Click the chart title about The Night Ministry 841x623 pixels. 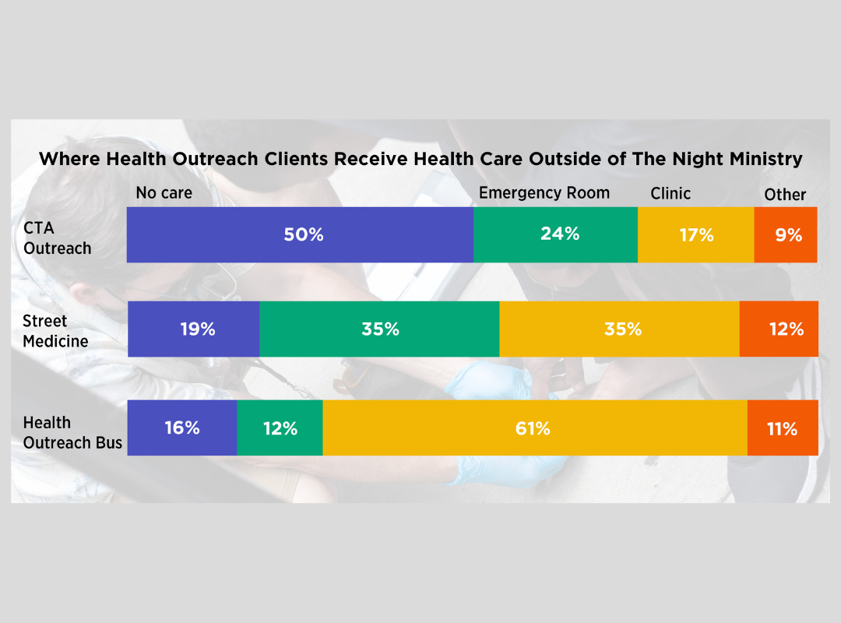420,160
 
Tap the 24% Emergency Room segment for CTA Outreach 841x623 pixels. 556,234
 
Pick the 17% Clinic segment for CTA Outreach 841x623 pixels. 696,234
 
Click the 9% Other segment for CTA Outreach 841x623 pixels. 786,234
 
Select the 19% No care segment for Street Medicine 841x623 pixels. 194,329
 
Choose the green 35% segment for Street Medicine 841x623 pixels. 379,329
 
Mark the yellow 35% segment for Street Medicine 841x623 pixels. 619,329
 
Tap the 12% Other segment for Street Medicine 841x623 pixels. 779,329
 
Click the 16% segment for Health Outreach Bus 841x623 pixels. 182,428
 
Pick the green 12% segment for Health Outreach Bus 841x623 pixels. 280,428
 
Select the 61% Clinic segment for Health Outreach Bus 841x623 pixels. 535,428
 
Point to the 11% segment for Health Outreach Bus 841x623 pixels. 783,428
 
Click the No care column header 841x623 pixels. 164,193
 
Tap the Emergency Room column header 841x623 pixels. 544,193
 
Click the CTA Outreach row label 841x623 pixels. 58,239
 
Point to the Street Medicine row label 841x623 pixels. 55,331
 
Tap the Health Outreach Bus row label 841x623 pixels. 72,433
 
